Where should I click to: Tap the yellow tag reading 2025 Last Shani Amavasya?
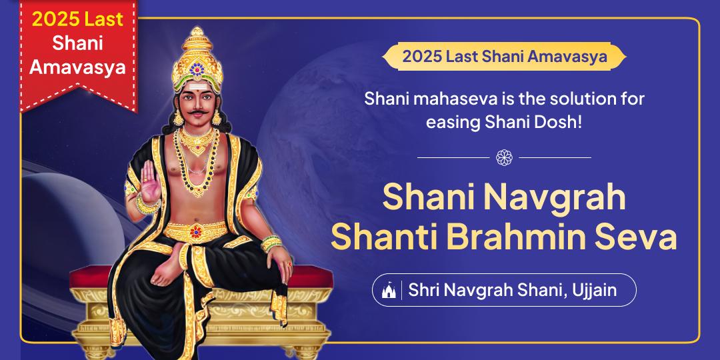504,57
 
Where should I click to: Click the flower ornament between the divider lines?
504,157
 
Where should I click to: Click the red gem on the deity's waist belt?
195,232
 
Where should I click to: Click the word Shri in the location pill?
424,291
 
